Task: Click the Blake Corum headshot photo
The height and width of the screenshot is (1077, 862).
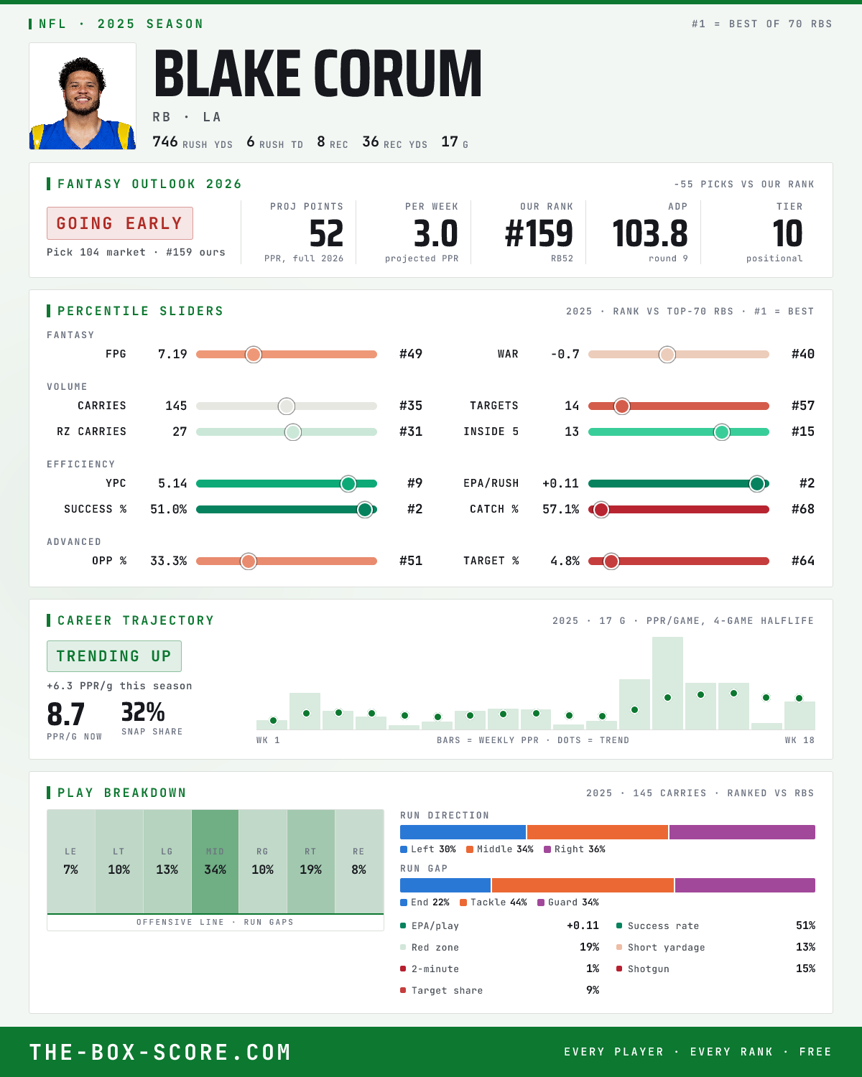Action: [83, 96]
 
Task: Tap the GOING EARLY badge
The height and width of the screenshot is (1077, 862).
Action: [120, 223]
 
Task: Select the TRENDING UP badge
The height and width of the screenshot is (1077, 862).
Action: [114, 656]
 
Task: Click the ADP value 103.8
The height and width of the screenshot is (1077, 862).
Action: [649, 234]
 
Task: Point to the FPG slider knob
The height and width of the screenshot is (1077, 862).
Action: [254, 354]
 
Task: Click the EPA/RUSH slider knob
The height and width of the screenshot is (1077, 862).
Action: [757, 483]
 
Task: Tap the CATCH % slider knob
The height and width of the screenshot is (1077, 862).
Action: [601, 510]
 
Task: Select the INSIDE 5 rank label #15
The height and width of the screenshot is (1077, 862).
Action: [803, 432]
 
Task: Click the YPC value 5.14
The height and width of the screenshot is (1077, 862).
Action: [172, 483]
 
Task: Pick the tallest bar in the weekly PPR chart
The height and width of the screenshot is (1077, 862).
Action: [667, 683]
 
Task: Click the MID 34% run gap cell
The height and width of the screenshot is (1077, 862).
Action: [215, 862]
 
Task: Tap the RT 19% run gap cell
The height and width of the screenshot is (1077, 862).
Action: [310, 862]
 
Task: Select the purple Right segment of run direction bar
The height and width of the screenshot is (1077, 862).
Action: [742, 832]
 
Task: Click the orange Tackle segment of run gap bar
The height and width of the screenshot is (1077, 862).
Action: [583, 885]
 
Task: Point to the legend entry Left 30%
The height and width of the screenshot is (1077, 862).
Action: [428, 849]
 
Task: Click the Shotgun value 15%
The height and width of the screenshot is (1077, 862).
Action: [805, 969]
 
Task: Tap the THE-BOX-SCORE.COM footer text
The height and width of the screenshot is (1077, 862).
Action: [160, 1052]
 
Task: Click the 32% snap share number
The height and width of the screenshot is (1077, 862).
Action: [143, 712]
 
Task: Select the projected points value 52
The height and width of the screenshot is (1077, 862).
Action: [326, 234]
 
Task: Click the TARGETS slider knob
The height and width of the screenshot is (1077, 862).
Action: [621, 406]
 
